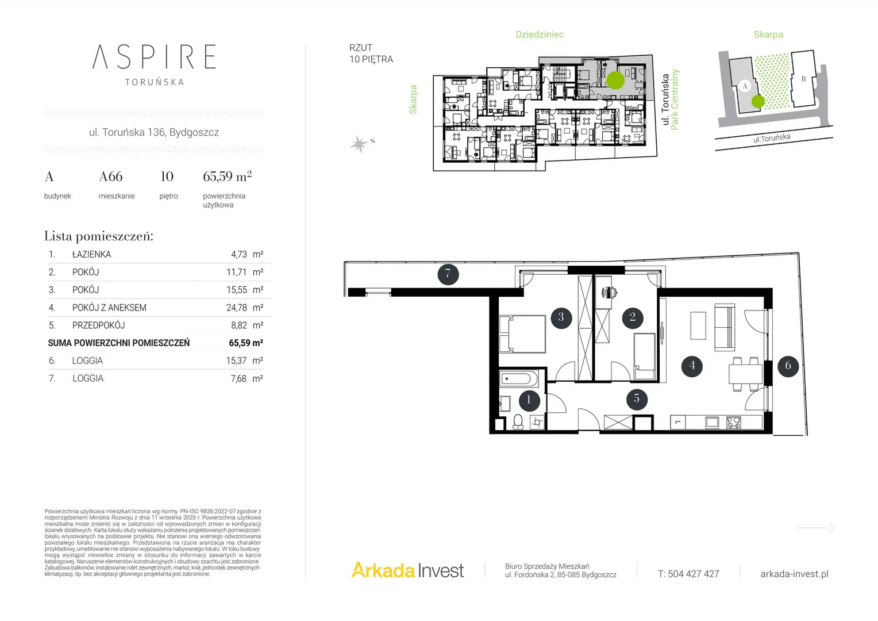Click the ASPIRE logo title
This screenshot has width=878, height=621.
pos(154,57)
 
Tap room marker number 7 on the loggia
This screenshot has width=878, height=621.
pos(448,274)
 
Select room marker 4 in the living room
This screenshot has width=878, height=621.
pos(692,366)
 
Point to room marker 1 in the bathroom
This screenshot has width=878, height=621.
pos(529,401)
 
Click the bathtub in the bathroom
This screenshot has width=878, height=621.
pos(519,379)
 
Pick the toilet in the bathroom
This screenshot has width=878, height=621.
pos(518,422)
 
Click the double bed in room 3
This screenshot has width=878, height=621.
pos(522,334)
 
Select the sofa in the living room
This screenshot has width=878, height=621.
pos(725,327)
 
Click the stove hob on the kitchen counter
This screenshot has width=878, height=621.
pos(733,422)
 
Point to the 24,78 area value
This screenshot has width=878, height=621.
pos(237,308)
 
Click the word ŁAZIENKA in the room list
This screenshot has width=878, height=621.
pos(92,254)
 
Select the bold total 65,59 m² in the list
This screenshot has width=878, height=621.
pos(246,343)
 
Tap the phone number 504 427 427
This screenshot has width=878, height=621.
pos(694,574)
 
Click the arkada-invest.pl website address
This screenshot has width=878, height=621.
pos(795,574)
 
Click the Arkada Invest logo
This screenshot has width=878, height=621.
pos(407,570)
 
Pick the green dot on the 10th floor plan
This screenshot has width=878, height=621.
pos(615,80)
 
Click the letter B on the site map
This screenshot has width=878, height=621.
pos(803,79)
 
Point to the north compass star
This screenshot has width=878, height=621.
pos(359,144)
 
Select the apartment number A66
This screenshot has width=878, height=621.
pos(110,177)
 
